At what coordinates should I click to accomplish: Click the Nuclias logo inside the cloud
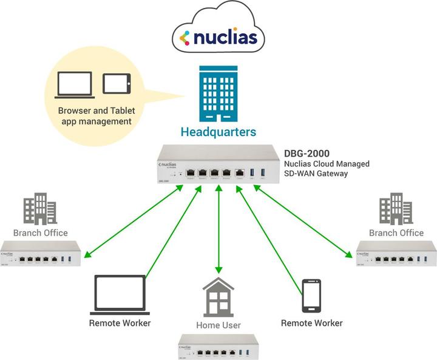pyautogui.click(x=219, y=39)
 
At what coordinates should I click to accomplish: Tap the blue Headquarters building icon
pyautogui.click(x=218, y=95)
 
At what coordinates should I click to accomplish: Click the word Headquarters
pyautogui.click(x=219, y=132)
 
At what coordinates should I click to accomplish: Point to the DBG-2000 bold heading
pyautogui.click(x=311, y=153)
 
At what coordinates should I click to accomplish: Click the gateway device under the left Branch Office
pyautogui.click(x=40, y=254)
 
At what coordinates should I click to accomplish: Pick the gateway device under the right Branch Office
pyautogui.click(x=396, y=254)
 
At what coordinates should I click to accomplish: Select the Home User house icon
pyautogui.click(x=219, y=297)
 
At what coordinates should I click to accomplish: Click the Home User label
pyautogui.click(x=219, y=325)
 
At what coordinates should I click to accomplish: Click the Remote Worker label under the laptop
pyautogui.click(x=120, y=323)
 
